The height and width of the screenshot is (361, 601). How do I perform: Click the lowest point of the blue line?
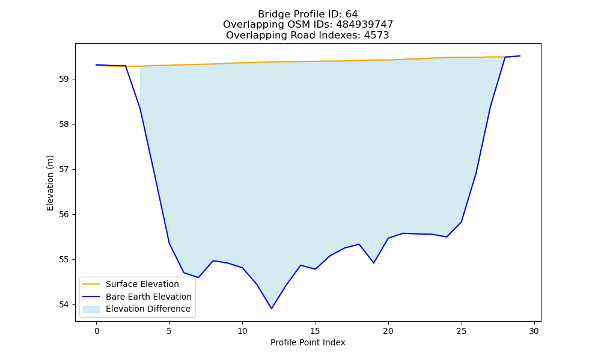[272, 309]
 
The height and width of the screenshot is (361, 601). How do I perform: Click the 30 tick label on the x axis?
[534, 331]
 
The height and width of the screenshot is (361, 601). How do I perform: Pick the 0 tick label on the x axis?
[97, 331]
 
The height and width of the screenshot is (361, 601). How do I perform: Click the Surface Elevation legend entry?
[130, 284]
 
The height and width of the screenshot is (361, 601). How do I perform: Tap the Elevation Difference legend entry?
[136, 309]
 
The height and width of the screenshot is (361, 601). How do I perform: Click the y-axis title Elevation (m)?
[50, 183]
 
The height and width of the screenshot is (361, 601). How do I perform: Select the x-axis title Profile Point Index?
[308, 342]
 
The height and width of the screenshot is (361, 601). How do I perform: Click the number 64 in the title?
[352, 14]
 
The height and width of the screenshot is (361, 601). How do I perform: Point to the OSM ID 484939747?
[365, 25]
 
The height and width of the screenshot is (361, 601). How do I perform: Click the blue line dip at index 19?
[374, 263]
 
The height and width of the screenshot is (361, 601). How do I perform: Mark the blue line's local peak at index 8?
[213, 261]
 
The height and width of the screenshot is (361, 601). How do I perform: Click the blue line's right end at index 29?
[520, 56]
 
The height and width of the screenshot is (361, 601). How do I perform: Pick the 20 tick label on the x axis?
[388, 331]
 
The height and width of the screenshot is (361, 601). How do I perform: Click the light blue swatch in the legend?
[91, 309]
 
